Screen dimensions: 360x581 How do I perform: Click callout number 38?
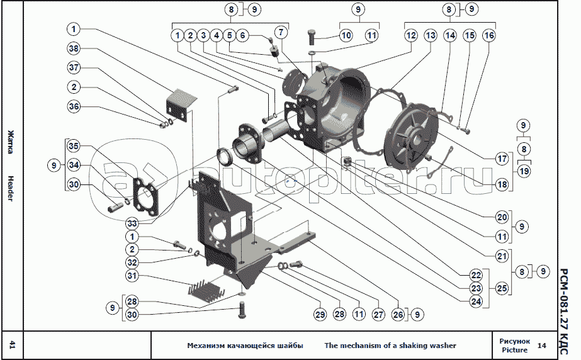point(74,48)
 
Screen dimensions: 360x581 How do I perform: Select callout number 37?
point(74,68)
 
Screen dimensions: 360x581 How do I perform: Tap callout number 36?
point(74,107)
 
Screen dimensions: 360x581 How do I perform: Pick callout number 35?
point(74,146)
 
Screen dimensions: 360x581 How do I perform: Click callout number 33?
point(132,223)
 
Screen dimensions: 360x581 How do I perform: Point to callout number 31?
point(132,276)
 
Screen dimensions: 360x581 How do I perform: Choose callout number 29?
point(320,314)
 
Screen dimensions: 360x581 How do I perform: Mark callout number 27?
point(378,314)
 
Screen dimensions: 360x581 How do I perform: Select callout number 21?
point(502,256)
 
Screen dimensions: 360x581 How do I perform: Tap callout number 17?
point(502,159)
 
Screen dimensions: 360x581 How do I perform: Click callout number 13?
point(430,35)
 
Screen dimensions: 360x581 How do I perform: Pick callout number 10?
point(346,35)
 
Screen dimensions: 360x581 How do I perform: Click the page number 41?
point(12,345)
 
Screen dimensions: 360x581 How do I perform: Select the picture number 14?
point(542,346)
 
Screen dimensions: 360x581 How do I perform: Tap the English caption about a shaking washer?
point(390,346)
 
